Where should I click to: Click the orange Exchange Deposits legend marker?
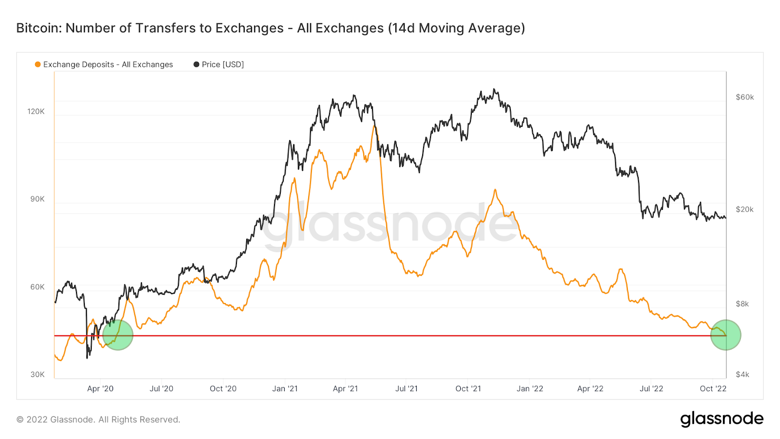pyautogui.click(x=38, y=64)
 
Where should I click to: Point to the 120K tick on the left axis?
pyautogui.click(x=36, y=111)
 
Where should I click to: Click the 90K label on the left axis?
pyautogui.click(x=38, y=199)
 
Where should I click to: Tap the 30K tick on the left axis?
pyautogui.click(x=38, y=375)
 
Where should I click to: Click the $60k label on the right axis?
pyautogui.click(x=744, y=97)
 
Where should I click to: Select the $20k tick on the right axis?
pyautogui.click(x=744, y=209)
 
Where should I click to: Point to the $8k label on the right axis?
pyautogui.click(x=742, y=304)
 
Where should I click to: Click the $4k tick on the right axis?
pyautogui.click(x=742, y=375)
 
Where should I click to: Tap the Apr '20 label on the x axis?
pyautogui.click(x=100, y=389)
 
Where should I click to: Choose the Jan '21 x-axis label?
pyautogui.click(x=285, y=389)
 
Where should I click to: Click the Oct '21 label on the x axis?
pyautogui.click(x=468, y=389)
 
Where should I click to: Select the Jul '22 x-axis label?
pyautogui.click(x=651, y=389)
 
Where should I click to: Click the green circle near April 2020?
pyautogui.click(x=118, y=335)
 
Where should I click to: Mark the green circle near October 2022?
pyautogui.click(x=725, y=335)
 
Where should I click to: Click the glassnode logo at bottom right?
pyautogui.click(x=721, y=419)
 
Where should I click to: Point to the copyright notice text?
pyautogui.click(x=98, y=419)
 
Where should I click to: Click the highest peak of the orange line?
pyautogui.click(x=374, y=126)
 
